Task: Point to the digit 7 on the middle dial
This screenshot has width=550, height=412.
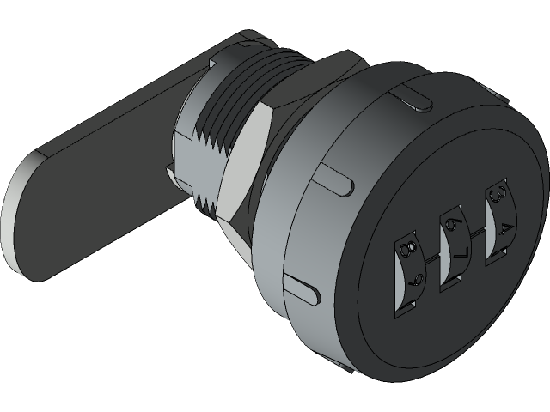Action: click(x=456, y=251)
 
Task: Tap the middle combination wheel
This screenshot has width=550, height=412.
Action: click(x=453, y=239)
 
